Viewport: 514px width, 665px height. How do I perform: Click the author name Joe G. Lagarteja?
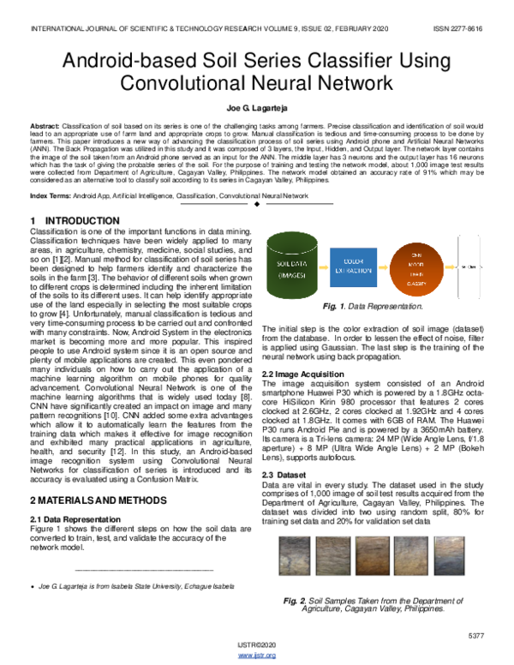[x=256, y=110]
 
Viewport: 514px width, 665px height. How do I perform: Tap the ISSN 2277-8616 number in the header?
[x=458, y=29]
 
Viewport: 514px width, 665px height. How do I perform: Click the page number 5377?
[x=477, y=634]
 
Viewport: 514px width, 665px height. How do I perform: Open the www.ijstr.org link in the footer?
[x=256, y=656]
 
